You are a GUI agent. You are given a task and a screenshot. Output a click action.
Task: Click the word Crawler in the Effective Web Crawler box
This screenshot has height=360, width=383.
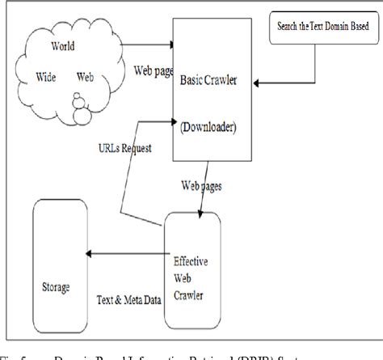tap(191, 294)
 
